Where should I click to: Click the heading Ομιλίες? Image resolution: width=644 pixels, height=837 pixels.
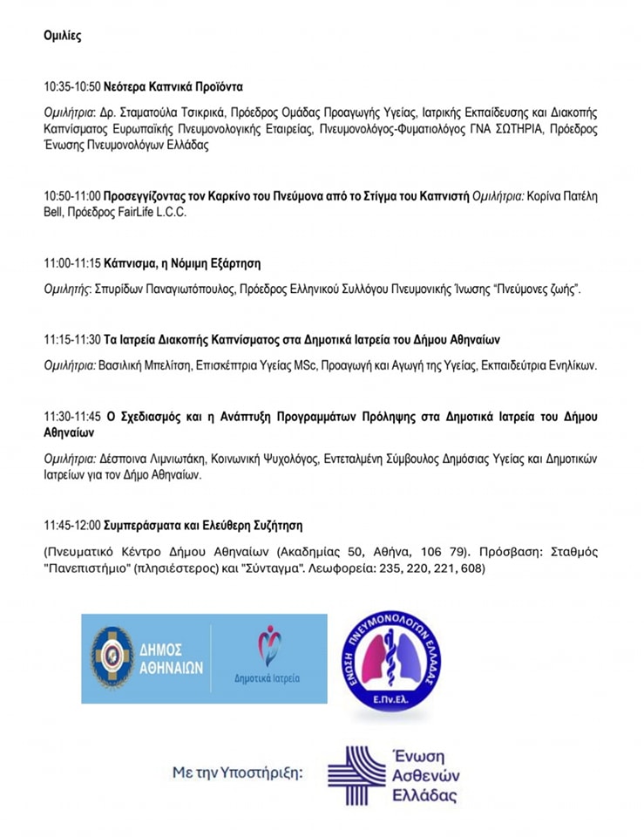click(x=62, y=36)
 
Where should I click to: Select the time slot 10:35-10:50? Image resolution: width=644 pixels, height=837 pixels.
click(x=72, y=87)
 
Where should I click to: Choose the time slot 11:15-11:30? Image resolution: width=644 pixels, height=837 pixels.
click(x=72, y=339)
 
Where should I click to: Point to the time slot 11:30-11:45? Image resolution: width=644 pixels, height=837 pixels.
click(x=72, y=416)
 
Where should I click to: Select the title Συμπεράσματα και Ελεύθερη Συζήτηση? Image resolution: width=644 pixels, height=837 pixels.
click(x=203, y=526)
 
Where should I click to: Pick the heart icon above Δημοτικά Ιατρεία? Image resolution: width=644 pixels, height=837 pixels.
click(x=269, y=645)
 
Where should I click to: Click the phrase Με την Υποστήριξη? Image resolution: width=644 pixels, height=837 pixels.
click(x=238, y=772)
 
